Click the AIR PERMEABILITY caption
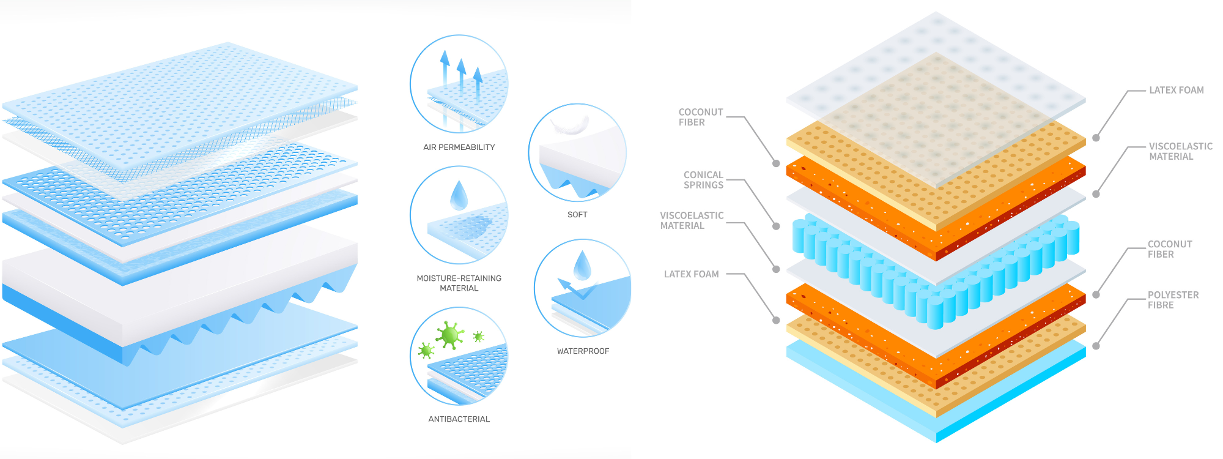(x=459, y=147)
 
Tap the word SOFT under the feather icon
(x=577, y=215)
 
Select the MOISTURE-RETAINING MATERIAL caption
(x=459, y=283)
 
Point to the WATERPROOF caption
(x=583, y=351)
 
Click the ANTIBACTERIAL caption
(x=459, y=419)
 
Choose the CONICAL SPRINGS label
(x=703, y=180)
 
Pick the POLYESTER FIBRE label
(x=1172, y=300)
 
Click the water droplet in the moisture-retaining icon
(x=459, y=195)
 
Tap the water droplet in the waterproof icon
(x=582, y=265)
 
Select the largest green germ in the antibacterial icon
(x=450, y=334)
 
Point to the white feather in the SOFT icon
(x=570, y=125)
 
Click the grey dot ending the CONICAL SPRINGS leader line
(x=776, y=226)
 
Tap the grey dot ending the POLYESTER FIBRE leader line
(x=1096, y=346)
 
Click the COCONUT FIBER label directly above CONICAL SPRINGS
(x=700, y=117)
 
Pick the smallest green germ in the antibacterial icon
(x=478, y=337)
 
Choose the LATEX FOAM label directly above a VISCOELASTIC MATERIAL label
(x=1176, y=90)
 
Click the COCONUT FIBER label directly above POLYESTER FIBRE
(x=1169, y=249)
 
